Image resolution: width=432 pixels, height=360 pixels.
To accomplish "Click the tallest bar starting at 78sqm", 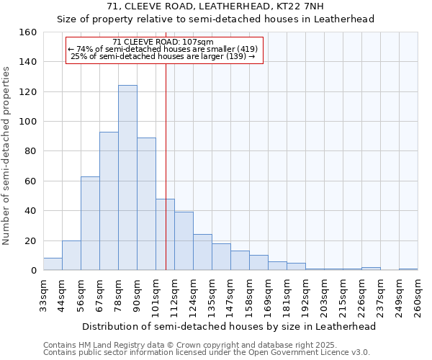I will [127, 178].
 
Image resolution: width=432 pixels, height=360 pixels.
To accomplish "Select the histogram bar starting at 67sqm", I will [109, 201].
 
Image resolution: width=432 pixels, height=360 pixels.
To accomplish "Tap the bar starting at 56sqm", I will [90, 223].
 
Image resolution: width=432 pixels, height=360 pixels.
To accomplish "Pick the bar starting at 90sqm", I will [146, 204].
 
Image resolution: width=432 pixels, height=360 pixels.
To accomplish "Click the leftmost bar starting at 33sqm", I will [53, 264].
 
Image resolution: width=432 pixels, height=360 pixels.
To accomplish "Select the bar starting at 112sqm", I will [184, 241].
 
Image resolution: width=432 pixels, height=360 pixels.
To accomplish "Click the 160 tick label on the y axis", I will [28, 32].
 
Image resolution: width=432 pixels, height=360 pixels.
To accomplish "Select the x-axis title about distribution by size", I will [229, 327].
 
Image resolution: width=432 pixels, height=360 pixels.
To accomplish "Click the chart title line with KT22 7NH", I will [216, 6].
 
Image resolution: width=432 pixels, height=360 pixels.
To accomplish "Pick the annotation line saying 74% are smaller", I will [163, 49].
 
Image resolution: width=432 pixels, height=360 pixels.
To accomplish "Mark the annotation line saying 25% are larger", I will [163, 56].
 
